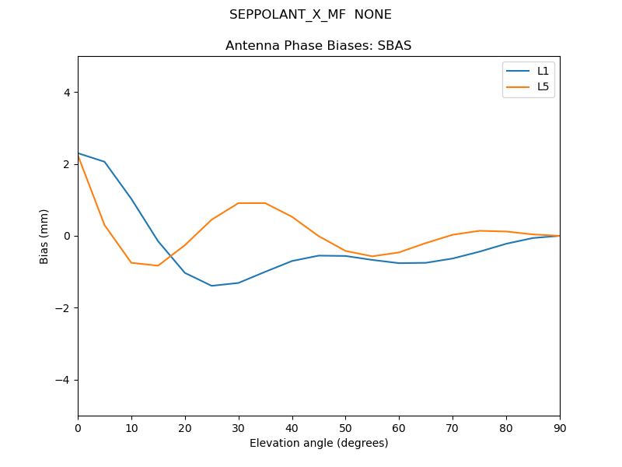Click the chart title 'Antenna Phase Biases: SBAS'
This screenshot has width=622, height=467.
click(318, 46)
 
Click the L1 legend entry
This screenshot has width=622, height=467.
click(543, 71)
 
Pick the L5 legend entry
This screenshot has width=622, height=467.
click(543, 86)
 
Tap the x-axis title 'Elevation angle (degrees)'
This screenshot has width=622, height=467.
click(318, 443)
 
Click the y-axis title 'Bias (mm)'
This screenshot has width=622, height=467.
click(44, 236)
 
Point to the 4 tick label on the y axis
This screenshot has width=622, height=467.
click(66, 92)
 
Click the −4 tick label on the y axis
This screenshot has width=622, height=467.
click(63, 380)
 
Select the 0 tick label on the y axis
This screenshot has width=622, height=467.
click(66, 236)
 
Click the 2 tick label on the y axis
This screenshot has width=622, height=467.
click(66, 164)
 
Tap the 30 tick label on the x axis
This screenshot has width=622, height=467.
click(238, 427)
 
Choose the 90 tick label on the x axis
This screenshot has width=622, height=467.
click(559, 427)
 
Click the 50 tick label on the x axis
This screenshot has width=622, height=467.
click(345, 427)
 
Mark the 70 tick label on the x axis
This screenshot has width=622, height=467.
click(453, 427)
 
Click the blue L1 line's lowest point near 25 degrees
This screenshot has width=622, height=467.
click(211, 286)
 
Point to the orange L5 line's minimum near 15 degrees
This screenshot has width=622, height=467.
click(158, 265)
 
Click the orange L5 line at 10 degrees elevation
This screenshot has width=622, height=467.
click(131, 262)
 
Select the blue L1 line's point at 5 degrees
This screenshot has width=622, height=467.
click(104, 162)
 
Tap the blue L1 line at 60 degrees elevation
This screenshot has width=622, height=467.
click(399, 263)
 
